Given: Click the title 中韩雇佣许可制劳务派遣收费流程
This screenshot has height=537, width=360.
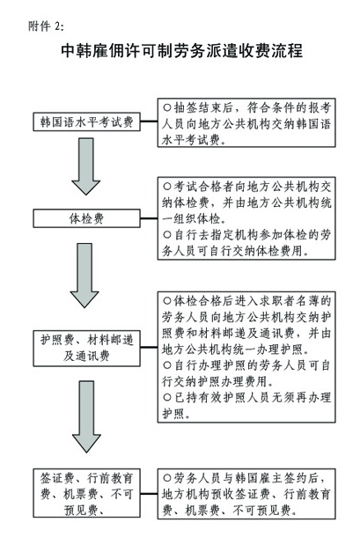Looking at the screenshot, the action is (181, 51).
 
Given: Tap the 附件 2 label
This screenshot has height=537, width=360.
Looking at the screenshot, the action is (46, 26).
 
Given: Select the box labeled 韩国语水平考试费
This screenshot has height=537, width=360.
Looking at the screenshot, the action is (86, 121).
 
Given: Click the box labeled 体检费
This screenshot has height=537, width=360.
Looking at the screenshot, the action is (86, 218).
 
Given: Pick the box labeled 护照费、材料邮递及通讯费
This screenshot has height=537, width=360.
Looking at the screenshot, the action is (86, 349).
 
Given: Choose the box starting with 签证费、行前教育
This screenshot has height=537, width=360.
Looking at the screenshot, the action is (86, 493).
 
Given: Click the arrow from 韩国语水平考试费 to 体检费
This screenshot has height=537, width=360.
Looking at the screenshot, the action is (85, 166).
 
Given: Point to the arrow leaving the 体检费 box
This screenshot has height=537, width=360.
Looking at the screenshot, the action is (84, 276).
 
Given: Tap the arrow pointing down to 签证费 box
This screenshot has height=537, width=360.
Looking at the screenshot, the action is (86, 416).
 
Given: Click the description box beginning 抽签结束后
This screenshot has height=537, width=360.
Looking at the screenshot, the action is (246, 122).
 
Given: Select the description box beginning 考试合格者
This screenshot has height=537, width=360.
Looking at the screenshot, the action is (246, 218).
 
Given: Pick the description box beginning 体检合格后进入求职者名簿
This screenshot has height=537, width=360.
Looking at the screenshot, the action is (246, 357).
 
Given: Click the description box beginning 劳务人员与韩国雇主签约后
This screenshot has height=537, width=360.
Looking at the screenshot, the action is (246, 494).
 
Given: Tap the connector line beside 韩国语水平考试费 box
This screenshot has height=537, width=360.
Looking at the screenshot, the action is (149, 121).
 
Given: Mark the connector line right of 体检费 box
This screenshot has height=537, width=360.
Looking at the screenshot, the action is (149, 218).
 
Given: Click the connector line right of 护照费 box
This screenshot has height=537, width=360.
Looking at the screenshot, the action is (149, 347).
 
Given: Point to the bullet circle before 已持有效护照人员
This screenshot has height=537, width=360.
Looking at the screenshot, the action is (167, 397).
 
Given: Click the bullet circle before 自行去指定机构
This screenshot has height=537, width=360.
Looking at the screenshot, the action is (167, 235).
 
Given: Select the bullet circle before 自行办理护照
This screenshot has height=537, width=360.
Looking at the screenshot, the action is (167, 365).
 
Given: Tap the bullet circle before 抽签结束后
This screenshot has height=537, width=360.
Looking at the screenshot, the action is (167, 108).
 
